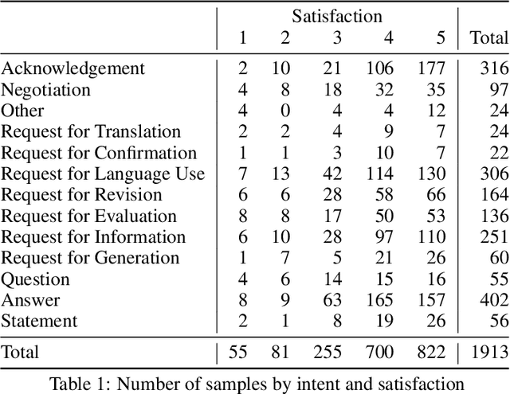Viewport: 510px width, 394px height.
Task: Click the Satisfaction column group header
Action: point(336,15)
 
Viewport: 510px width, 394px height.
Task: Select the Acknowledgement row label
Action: point(73,68)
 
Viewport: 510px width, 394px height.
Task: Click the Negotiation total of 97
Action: point(495,89)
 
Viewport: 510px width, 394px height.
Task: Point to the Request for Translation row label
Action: point(91,131)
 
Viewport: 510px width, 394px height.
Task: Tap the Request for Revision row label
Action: point(81,195)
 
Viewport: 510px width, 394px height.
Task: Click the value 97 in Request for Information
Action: point(385,237)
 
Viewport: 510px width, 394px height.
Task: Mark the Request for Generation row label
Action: point(90,258)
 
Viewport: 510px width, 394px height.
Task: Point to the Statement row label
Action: point(39,321)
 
